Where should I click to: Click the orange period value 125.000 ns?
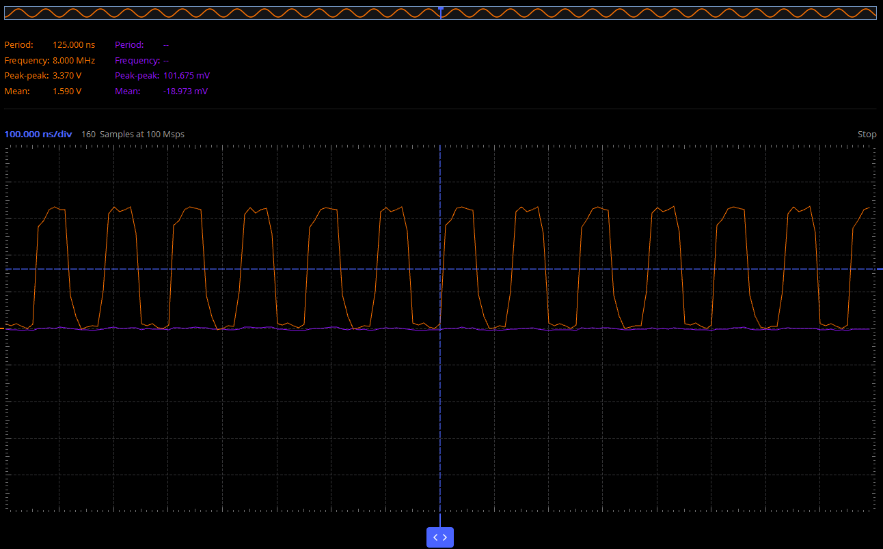pos(74,45)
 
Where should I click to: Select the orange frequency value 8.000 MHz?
pos(74,61)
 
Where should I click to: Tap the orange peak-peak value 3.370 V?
pos(67,76)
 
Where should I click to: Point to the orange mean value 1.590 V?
pos(67,91)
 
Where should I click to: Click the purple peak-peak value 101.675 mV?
pos(187,76)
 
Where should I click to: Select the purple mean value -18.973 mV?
pos(185,91)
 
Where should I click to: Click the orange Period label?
pos(18,45)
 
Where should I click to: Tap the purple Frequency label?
pos(137,61)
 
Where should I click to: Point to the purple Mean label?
pos(127,91)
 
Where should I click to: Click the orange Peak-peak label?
pos(27,76)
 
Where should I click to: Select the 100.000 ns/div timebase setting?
pos(38,135)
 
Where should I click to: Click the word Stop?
pos(867,135)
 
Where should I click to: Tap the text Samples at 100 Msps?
pos(142,135)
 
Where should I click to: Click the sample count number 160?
pos(88,135)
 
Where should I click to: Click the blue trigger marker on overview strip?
pos(441,8)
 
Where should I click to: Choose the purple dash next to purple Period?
pos(166,45)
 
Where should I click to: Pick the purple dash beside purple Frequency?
pos(166,61)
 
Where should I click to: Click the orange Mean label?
pos(17,91)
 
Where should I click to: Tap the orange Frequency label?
pos(27,61)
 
